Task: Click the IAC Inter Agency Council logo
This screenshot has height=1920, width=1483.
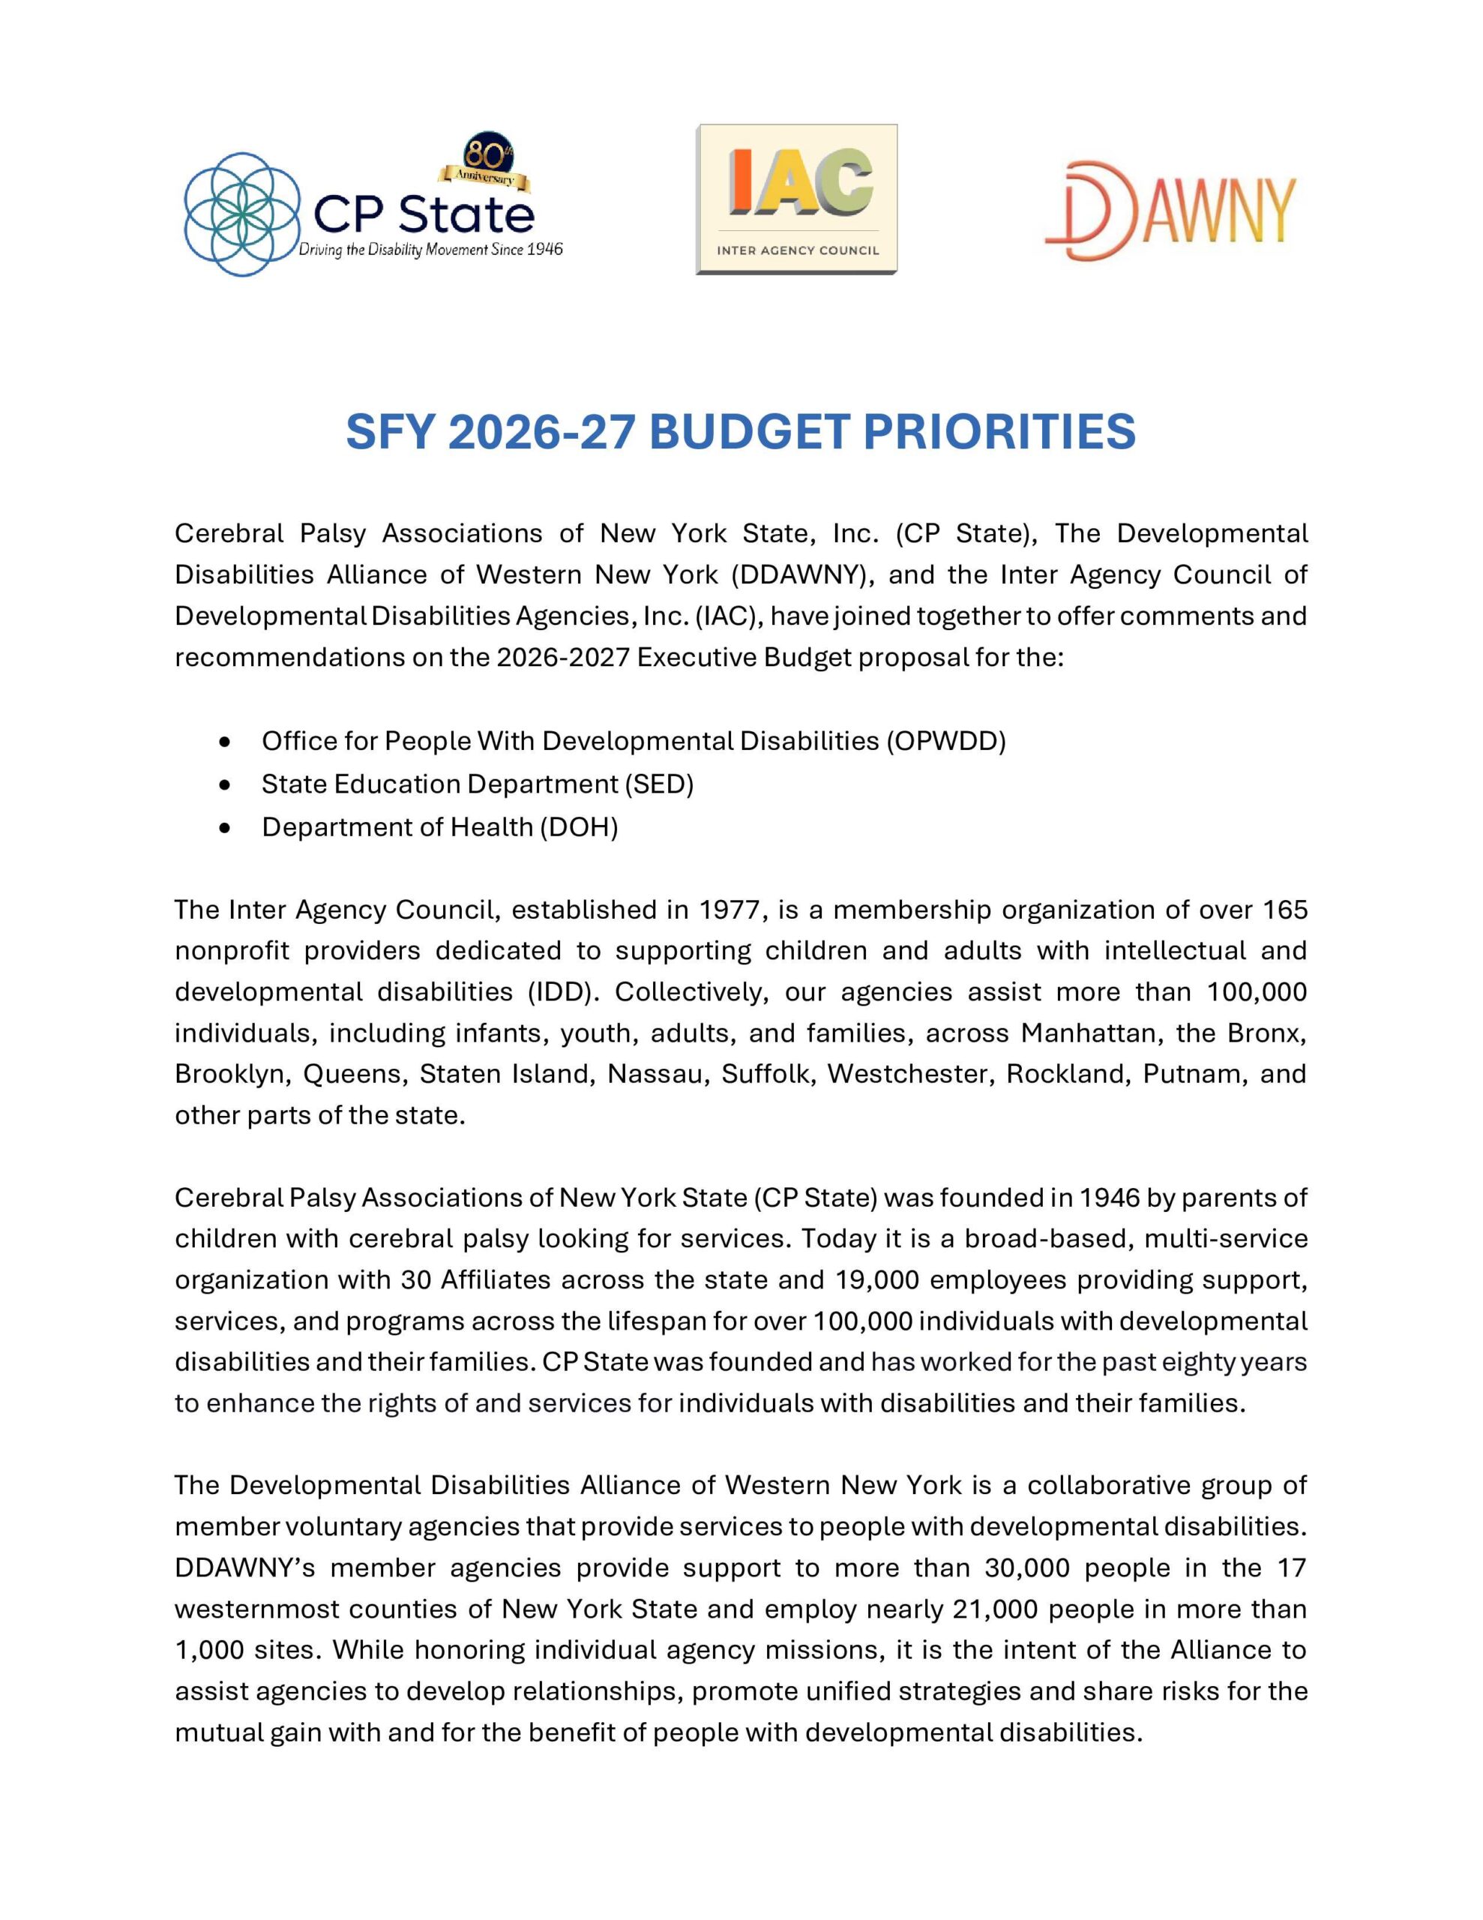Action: (x=796, y=199)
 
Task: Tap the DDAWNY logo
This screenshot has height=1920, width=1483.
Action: (x=1170, y=210)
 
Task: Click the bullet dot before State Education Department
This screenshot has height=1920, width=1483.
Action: (x=227, y=784)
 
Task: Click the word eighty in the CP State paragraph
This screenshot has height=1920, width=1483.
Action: (x=1199, y=1362)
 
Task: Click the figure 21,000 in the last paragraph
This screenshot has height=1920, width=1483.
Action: (x=995, y=1609)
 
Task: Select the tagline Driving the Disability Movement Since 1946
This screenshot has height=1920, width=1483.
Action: (x=431, y=250)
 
